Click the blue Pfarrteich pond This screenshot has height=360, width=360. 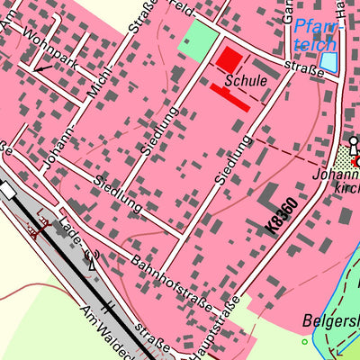[330, 62]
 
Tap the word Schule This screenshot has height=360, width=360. [247, 80]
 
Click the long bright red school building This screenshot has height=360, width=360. [230, 97]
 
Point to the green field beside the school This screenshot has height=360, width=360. [200, 40]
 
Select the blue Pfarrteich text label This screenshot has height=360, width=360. [317, 33]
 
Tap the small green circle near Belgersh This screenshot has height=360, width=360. [304, 342]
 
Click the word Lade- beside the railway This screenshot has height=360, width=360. [76, 235]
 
